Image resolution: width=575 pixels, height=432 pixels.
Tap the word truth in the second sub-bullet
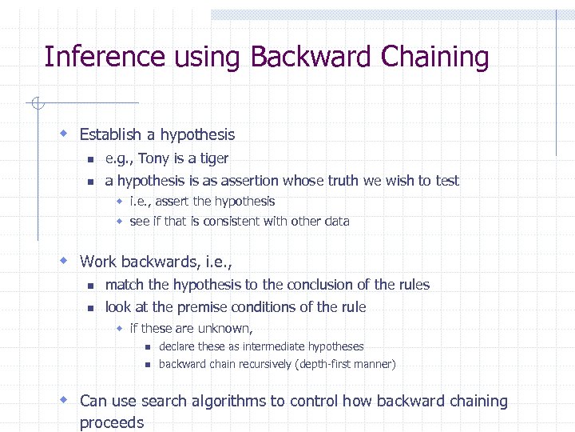343,181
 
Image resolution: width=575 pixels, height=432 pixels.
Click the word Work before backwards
98,262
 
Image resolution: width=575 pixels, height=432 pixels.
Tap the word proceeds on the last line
112,422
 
